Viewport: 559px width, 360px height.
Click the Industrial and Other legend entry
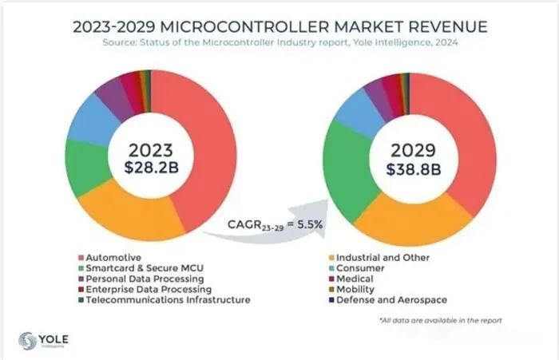click(x=384, y=258)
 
